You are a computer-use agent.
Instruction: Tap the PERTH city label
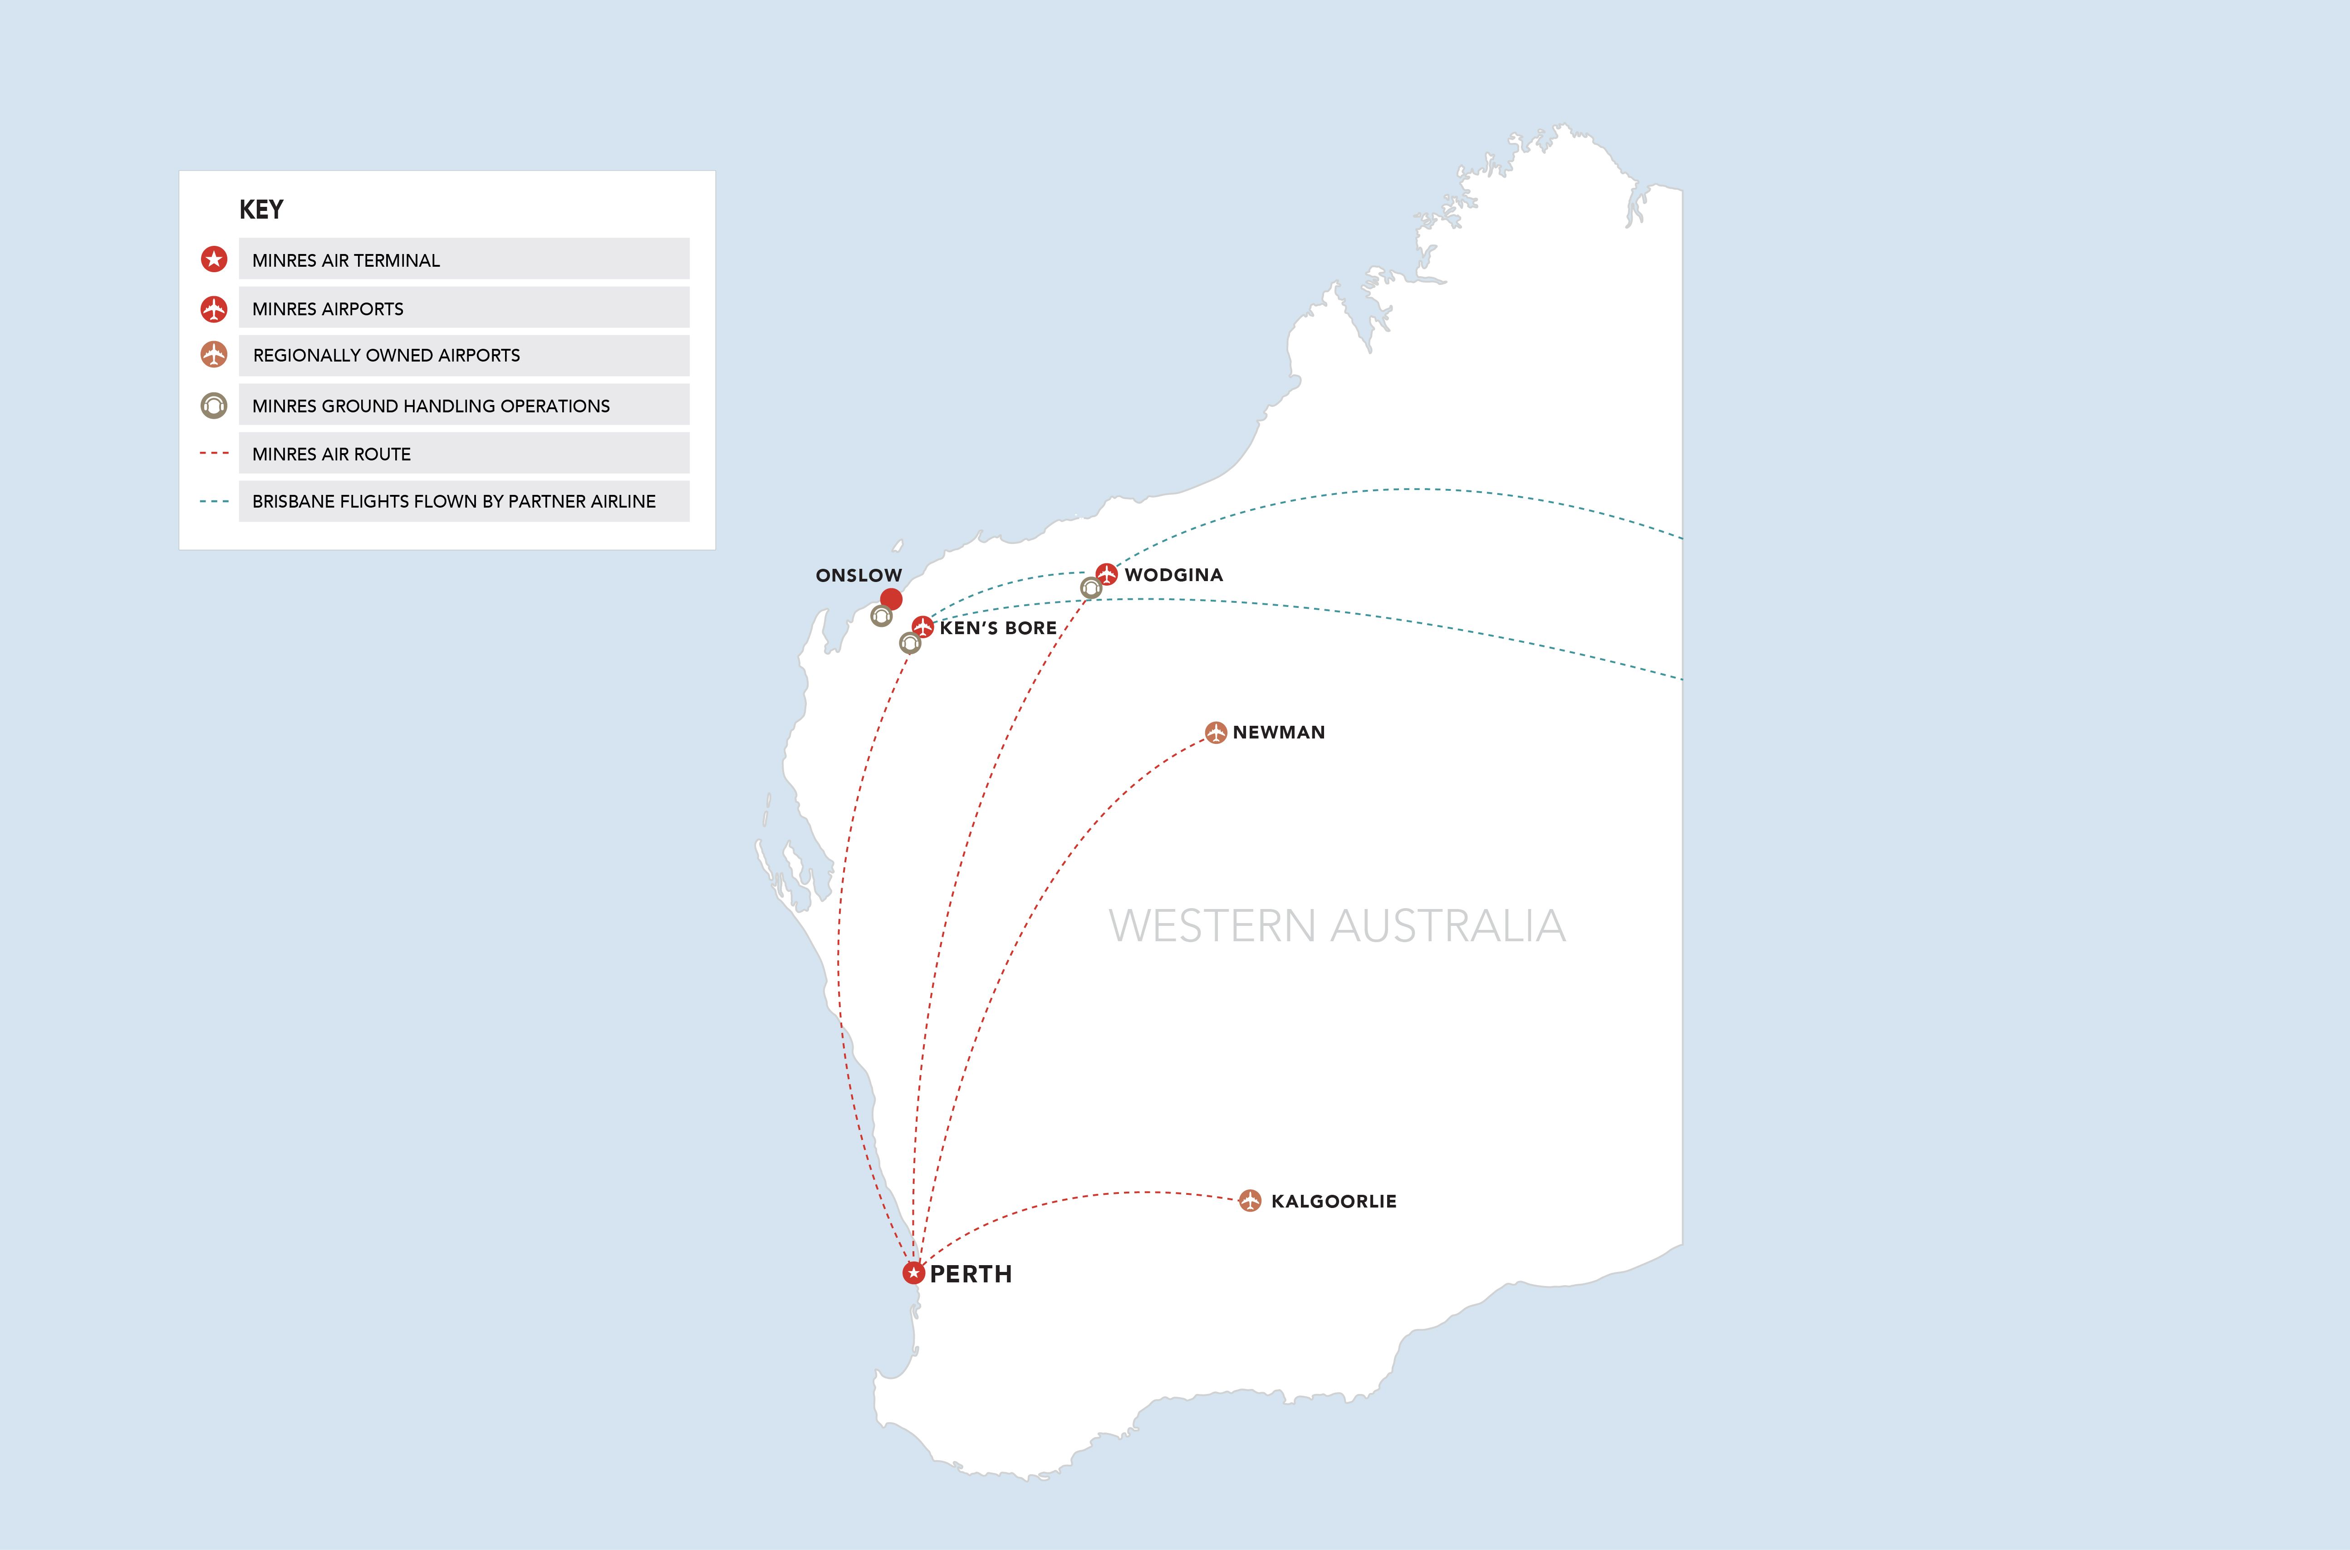[x=971, y=1274]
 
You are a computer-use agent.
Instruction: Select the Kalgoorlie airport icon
[x=1250, y=1201]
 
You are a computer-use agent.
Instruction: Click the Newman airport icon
[x=1216, y=733]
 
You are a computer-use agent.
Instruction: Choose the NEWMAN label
[x=1278, y=733]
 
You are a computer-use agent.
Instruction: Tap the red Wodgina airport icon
[x=1106, y=574]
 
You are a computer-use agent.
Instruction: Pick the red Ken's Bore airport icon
[x=922, y=627]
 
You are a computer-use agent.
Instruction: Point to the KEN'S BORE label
[x=997, y=628]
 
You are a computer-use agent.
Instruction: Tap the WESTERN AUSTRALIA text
[x=1337, y=926]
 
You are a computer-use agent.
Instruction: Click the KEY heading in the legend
[x=261, y=210]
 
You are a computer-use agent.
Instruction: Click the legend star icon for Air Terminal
[x=214, y=259]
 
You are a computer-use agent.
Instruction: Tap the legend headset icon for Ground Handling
[x=214, y=405]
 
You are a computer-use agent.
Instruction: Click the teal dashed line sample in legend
[x=215, y=501]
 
